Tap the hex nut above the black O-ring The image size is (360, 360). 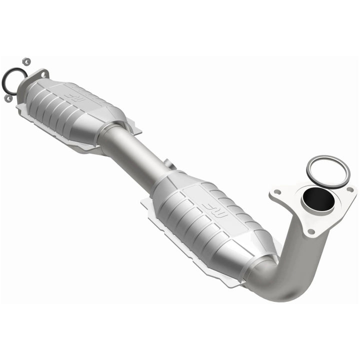[27, 61]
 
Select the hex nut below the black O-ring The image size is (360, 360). [8, 98]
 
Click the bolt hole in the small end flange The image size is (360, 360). [43, 74]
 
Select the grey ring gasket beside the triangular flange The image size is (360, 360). [328, 171]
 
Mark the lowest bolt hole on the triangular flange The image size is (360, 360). [311, 231]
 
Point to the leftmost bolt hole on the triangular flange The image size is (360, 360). [275, 191]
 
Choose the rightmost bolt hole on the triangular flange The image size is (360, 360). [350, 189]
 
